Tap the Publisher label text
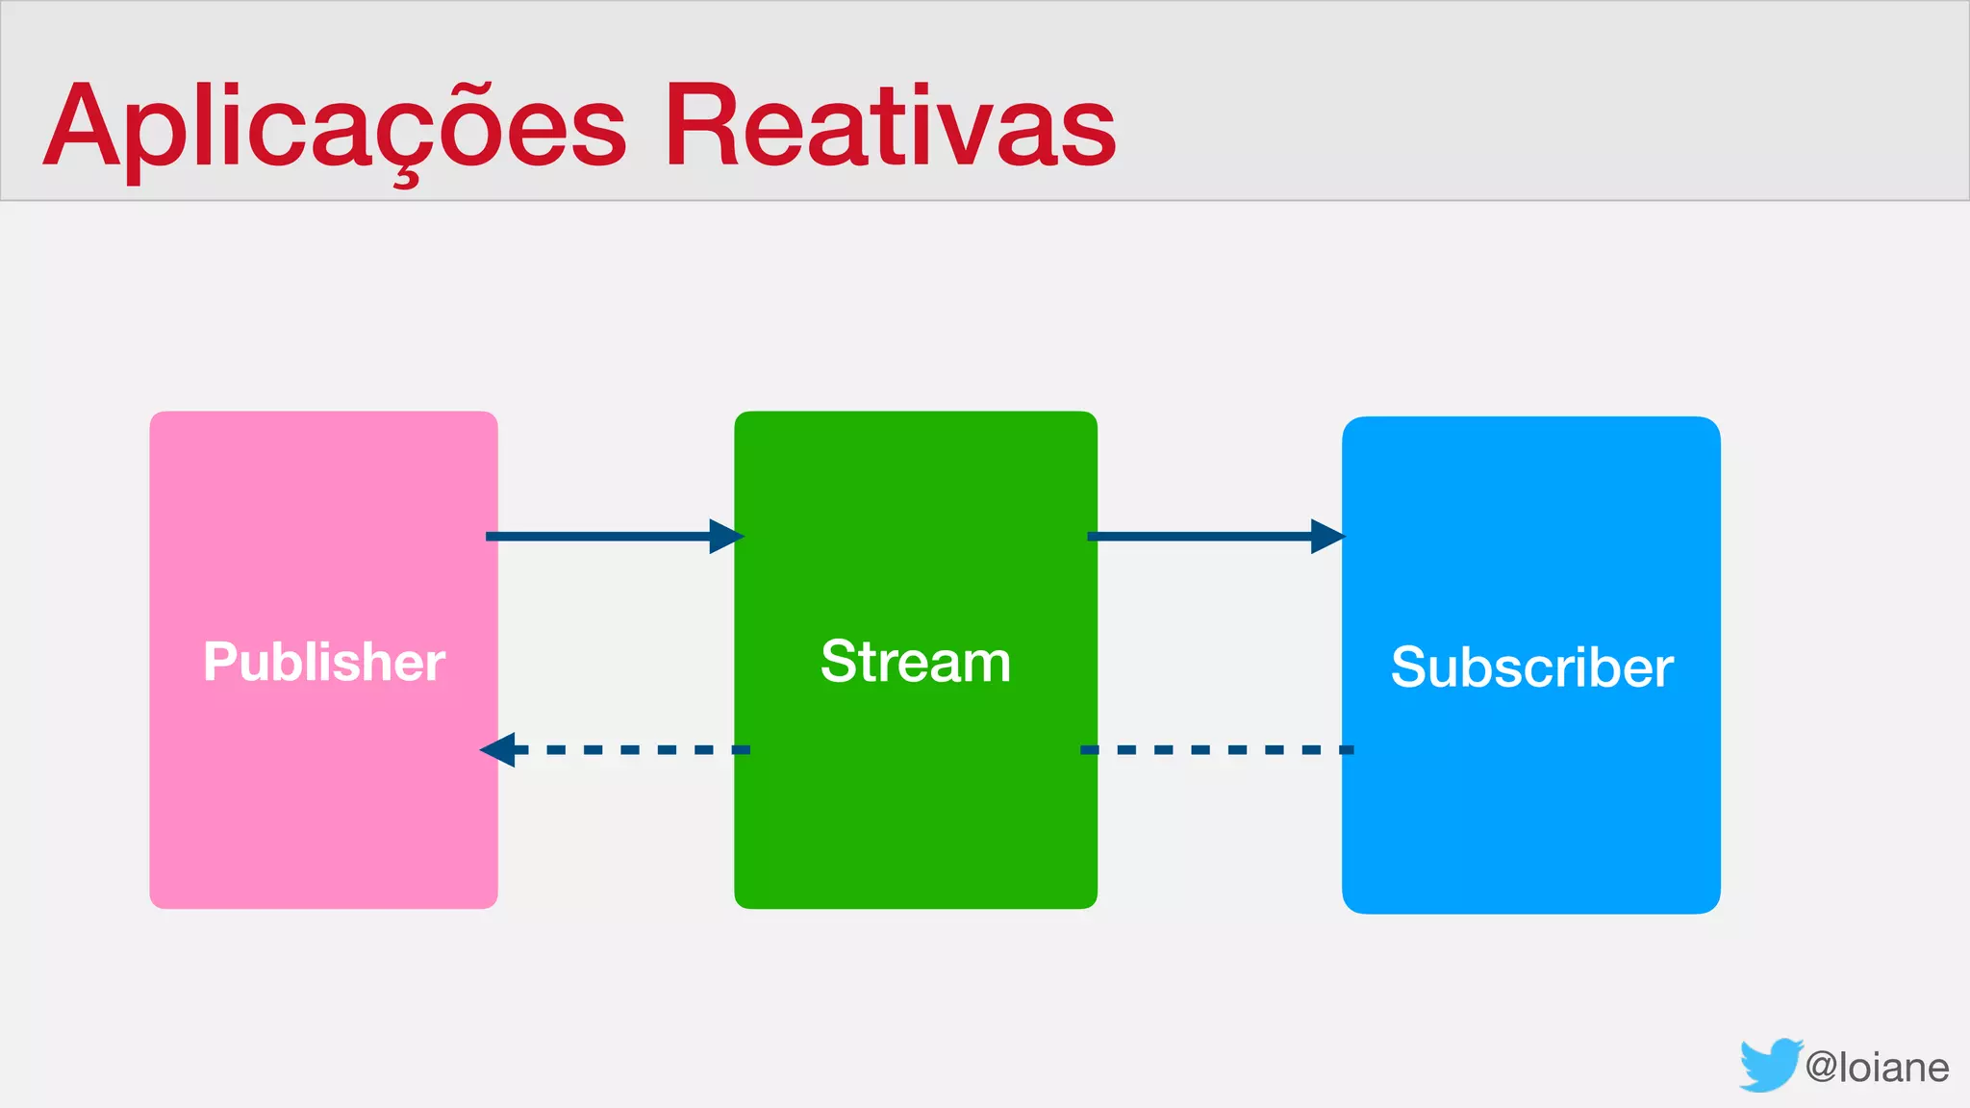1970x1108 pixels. tap(324, 662)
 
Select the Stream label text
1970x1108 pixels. tap(916, 662)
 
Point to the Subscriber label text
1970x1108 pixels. tap(1531, 667)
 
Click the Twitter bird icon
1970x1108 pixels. tap(1770, 1065)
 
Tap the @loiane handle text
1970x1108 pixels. tap(1877, 1068)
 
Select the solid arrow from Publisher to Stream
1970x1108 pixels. tap(606, 536)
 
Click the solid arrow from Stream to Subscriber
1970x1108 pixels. tap(1207, 536)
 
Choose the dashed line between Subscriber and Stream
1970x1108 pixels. tap(1217, 749)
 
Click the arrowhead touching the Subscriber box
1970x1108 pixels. tap(1327, 536)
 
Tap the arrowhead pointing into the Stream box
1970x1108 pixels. tap(726, 536)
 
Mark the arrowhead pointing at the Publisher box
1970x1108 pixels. tap(498, 749)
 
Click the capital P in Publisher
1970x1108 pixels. tap(219, 662)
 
